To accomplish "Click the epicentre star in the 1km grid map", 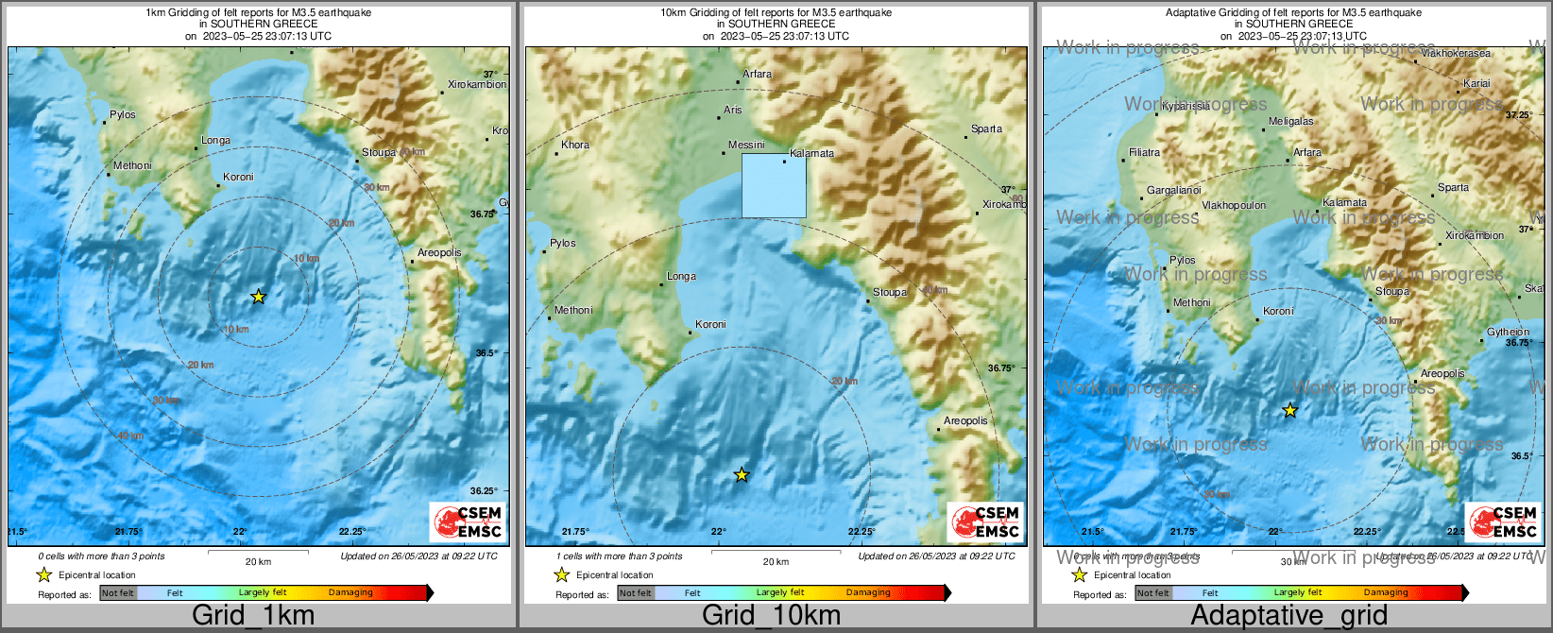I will pyautogui.click(x=258, y=297).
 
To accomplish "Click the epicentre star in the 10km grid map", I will pyautogui.click(x=742, y=474).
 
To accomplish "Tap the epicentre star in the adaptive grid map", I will pyautogui.click(x=1289, y=410).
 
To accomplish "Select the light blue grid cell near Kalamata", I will pyautogui.click(x=774, y=186).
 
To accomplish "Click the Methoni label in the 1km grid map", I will pyautogui.click(x=132, y=165).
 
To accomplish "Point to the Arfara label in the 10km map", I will pyautogui.click(x=757, y=74).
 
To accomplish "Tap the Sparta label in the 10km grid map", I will pyautogui.click(x=986, y=129).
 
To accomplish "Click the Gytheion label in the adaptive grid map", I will pyautogui.click(x=1508, y=332).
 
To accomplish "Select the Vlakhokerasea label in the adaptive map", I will pyautogui.click(x=1456, y=54).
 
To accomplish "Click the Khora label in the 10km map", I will pyautogui.click(x=574, y=145).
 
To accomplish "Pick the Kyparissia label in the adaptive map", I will pyautogui.click(x=1186, y=106).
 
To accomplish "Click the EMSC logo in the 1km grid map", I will pyautogui.click(x=469, y=522).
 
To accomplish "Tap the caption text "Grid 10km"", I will pyautogui.click(x=771, y=615).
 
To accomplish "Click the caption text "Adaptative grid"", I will pyautogui.click(x=1288, y=615).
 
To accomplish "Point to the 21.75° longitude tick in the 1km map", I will pyautogui.click(x=128, y=532).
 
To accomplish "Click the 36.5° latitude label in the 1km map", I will pyautogui.click(x=486, y=352).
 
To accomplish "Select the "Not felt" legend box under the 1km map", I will pyautogui.click(x=118, y=592).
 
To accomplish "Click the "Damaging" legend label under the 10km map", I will pyautogui.click(x=868, y=592).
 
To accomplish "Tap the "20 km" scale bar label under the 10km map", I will pyautogui.click(x=776, y=561).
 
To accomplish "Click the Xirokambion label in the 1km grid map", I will pyautogui.click(x=476, y=84).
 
